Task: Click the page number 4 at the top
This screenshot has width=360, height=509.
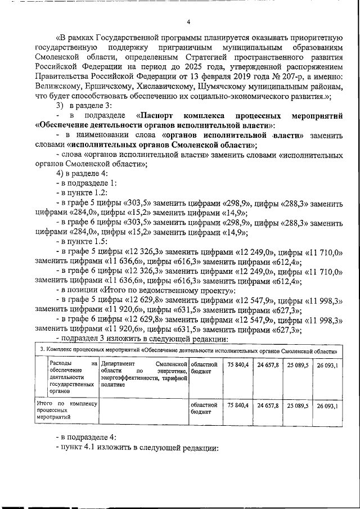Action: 188,22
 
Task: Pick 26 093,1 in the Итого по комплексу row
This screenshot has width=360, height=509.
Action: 327,406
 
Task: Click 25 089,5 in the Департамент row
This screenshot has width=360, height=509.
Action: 298,366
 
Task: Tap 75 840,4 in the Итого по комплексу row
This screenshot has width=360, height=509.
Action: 238,405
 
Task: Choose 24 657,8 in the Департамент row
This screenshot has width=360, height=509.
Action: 268,366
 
